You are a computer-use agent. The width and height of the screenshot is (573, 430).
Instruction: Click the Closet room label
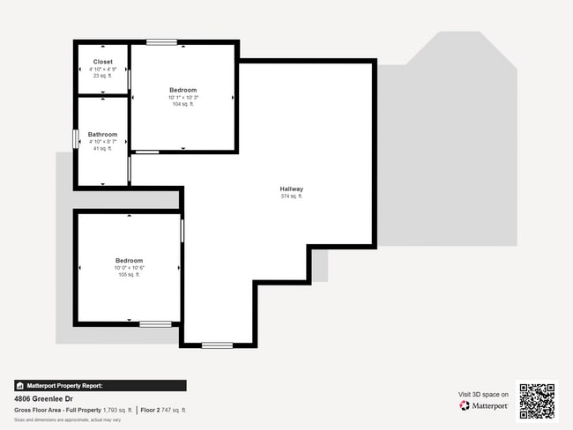[102, 62]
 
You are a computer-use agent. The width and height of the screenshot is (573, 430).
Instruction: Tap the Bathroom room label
[102, 135]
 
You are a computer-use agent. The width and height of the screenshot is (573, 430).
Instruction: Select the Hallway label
[292, 189]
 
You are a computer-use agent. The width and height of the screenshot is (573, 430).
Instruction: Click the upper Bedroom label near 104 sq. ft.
[183, 90]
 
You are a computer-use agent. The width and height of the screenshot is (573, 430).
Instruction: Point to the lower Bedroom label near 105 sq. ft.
[129, 261]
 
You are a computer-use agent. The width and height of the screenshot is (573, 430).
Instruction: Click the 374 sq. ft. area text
[292, 196]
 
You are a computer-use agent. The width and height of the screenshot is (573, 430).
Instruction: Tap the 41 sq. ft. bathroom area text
[102, 149]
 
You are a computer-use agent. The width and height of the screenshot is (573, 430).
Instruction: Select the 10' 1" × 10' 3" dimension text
[183, 97]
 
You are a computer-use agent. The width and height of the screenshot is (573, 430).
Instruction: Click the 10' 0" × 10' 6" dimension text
[129, 268]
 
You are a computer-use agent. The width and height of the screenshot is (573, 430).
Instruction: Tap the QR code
[537, 401]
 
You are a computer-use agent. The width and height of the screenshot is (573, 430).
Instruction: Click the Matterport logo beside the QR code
[484, 406]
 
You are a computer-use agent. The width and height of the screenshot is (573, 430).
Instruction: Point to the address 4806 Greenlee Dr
[46, 398]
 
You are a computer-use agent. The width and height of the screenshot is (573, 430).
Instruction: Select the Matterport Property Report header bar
[100, 386]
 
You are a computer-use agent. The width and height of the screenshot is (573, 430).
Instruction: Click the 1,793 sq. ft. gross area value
[117, 410]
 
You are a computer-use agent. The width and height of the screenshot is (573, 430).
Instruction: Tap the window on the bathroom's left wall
[75, 140]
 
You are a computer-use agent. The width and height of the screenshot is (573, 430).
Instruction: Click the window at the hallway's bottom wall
[217, 345]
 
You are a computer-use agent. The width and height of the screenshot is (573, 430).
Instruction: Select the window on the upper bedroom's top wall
[161, 42]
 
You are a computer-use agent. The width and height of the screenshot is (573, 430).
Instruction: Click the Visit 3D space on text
[483, 394]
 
